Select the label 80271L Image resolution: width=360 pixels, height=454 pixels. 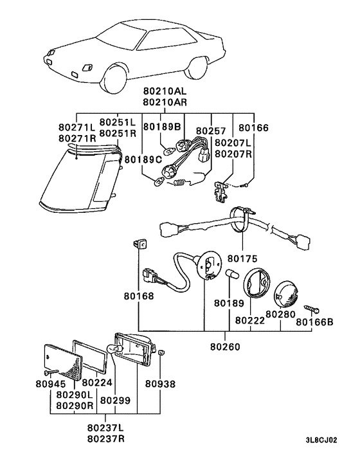pyautogui.click(x=76, y=127)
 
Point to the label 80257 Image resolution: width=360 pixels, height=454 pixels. pyautogui.click(x=212, y=131)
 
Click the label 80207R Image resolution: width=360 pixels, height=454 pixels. pyautogui.click(x=234, y=153)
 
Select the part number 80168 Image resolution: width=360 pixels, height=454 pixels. pyautogui.click(x=139, y=296)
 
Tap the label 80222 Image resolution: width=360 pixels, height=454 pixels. pyautogui.click(x=250, y=319)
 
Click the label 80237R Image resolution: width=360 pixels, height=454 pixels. pyautogui.click(x=105, y=439)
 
